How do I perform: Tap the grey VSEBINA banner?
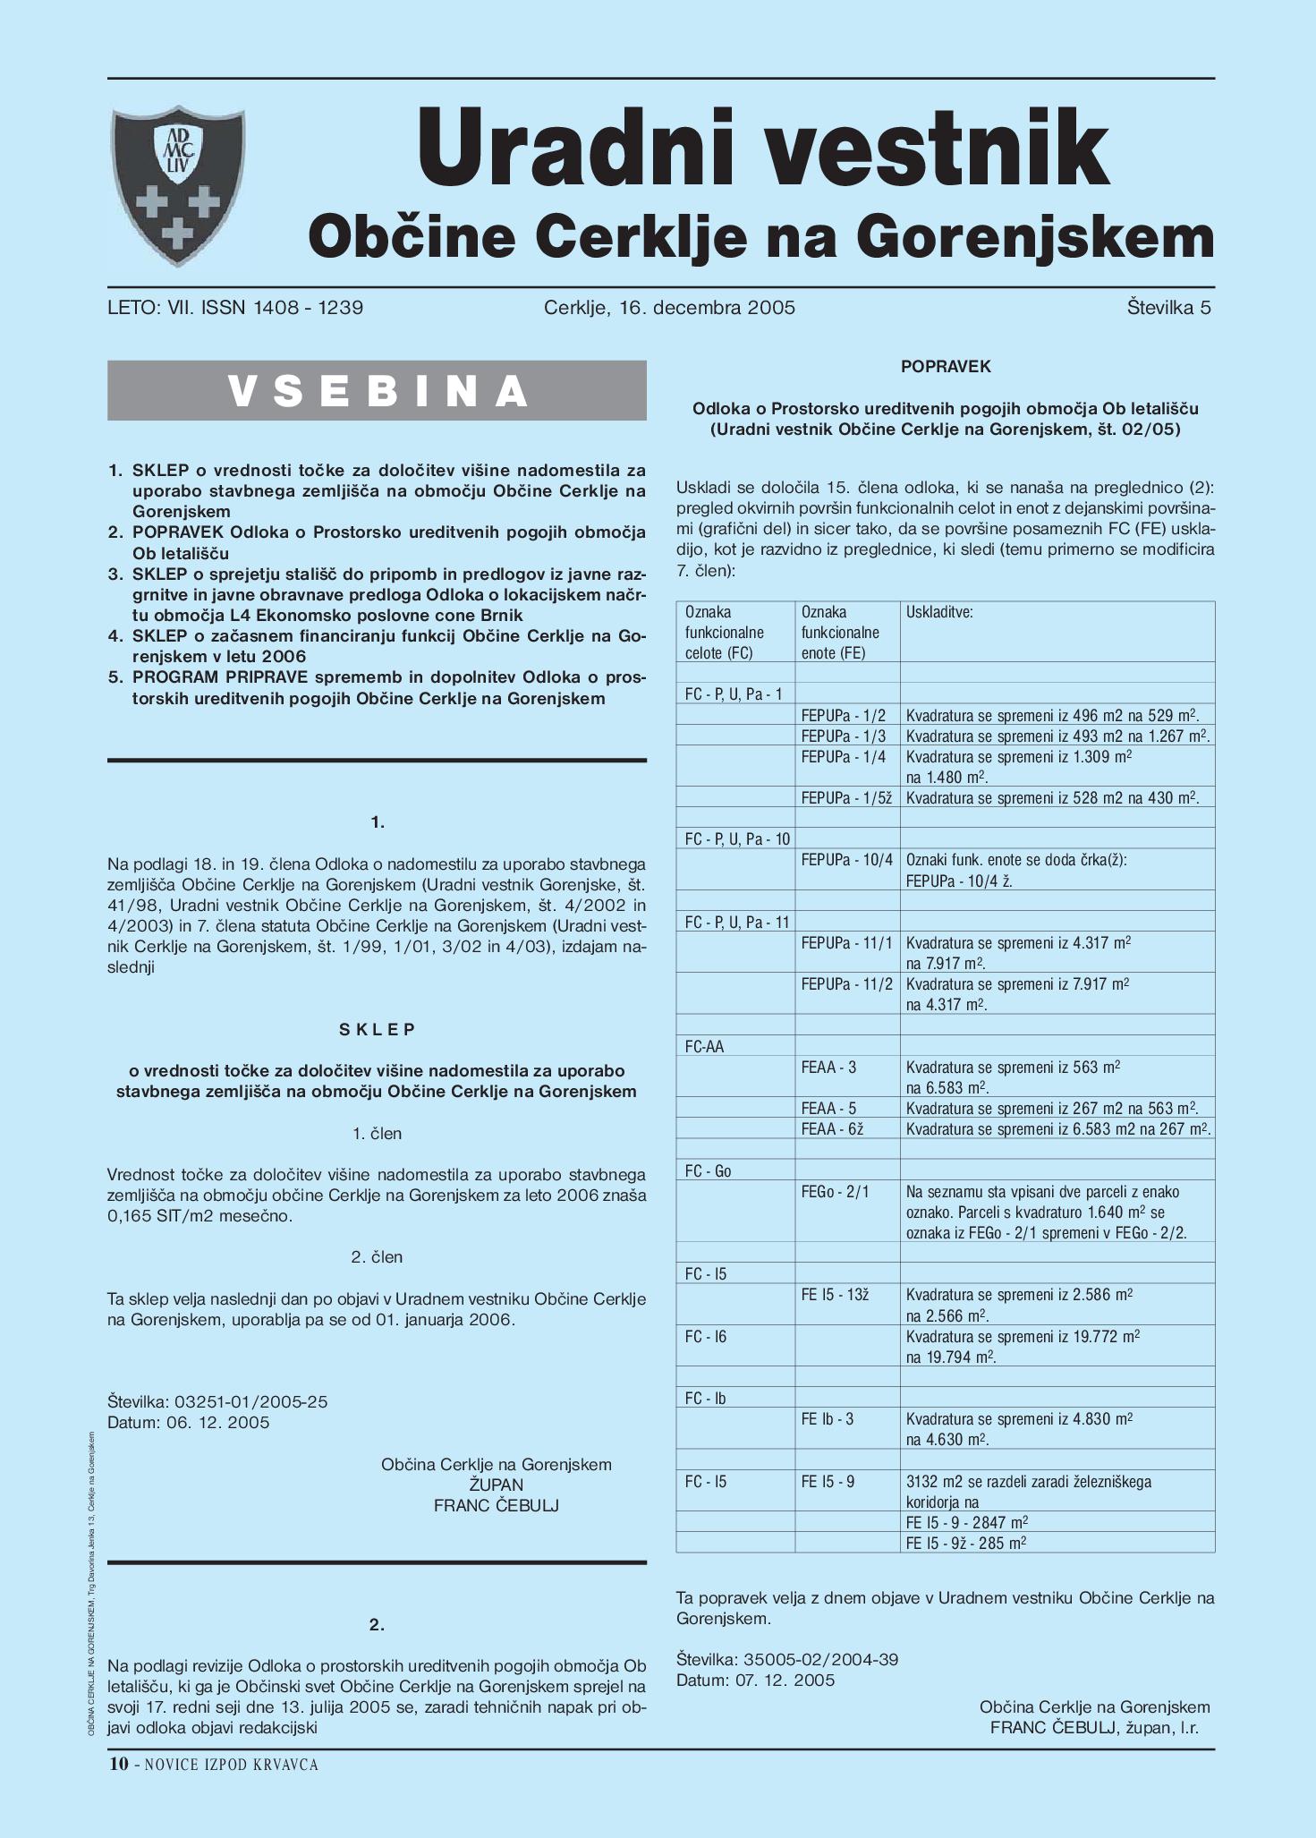click(x=377, y=391)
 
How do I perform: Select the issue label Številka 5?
click(x=1168, y=309)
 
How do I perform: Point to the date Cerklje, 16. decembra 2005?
click(x=669, y=309)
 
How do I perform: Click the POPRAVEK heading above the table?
click(x=946, y=367)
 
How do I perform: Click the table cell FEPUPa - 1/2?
click(x=843, y=716)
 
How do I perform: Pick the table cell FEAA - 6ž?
click(x=832, y=1129)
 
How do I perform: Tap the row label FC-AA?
click(x=704, y=1047)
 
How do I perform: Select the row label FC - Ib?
click(x=705, y=1399)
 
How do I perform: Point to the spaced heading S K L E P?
click(x=378, y=1030)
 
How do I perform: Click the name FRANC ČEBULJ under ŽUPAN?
click(x=496, y=1506)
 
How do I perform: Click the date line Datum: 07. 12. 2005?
click(x=755, y=1681)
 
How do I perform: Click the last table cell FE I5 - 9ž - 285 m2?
click(x=965, y=1543)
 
